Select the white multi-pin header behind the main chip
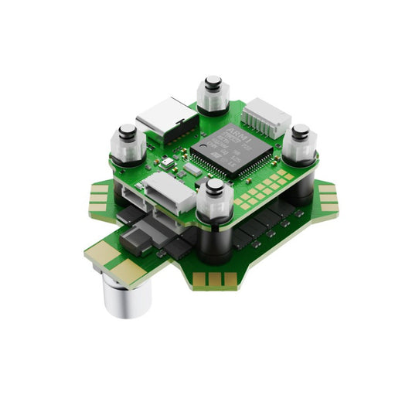click(x=264, y=118)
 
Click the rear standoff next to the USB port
click(x=213, y=94)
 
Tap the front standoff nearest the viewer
click(x=214, y=203)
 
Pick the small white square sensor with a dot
click(x=167, y=163)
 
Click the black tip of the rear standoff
click(x=213, y=80)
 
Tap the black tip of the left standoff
click(x=127, y=130)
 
